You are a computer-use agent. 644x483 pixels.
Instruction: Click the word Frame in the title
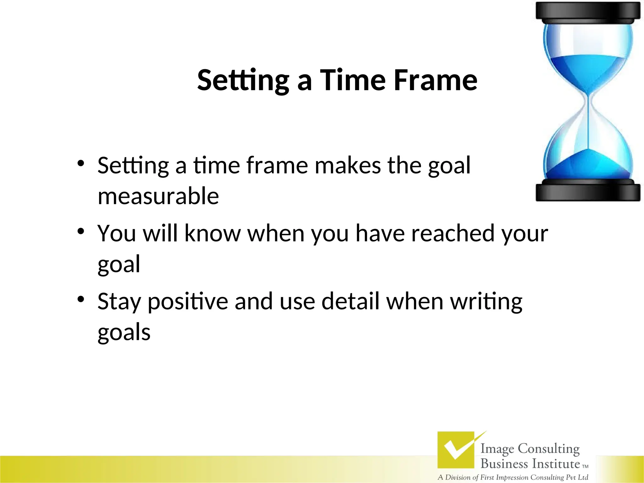point(436,80)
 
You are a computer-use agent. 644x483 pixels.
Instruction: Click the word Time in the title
point(353,80)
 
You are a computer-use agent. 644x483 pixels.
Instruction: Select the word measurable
point(158,196)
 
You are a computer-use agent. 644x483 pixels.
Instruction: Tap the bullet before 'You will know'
point(81,231)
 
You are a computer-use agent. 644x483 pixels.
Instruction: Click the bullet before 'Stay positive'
point(81,299)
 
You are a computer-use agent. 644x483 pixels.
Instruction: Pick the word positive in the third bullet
point(188,302)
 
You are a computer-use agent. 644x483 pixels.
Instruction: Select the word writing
point(486,302)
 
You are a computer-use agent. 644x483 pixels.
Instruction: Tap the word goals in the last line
point(124,333)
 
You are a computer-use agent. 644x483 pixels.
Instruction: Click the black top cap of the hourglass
point(588,12)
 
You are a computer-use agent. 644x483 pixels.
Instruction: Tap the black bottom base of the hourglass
point(588,192)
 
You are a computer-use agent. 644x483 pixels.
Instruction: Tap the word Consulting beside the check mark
point(548,449)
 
